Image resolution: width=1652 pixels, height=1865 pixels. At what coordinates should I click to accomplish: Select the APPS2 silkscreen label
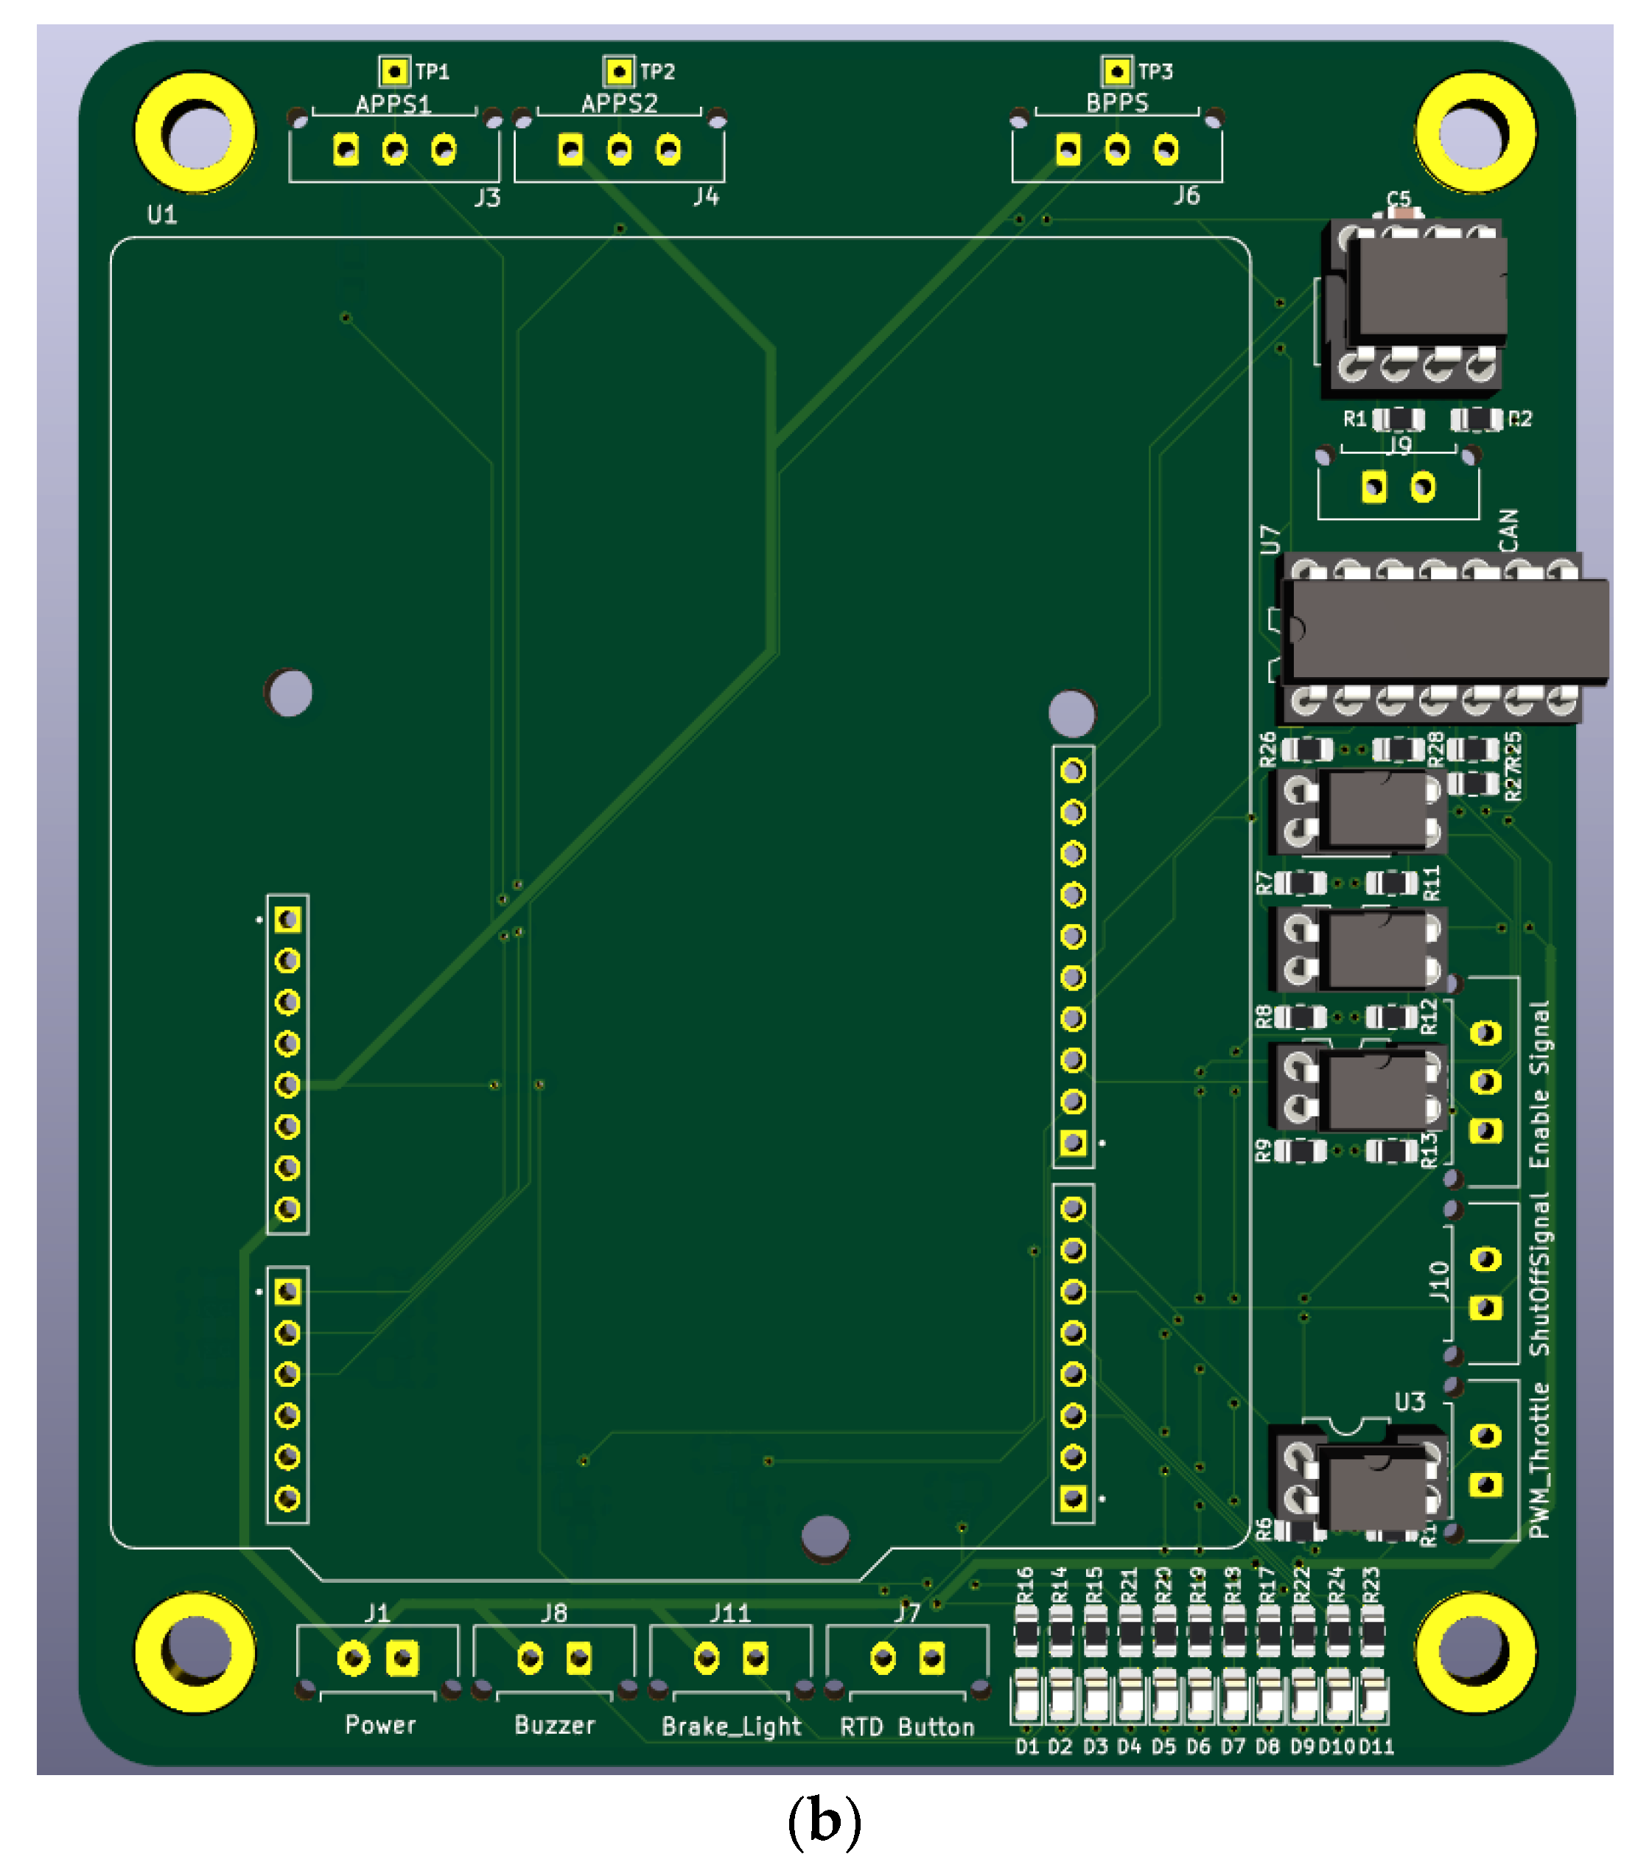(620, 104)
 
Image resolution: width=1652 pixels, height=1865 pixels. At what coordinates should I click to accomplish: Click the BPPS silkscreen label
(1116, 103)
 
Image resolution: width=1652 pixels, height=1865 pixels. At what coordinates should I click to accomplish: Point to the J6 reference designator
(1186, 196)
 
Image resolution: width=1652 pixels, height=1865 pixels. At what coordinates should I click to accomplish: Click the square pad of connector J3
(346, 149)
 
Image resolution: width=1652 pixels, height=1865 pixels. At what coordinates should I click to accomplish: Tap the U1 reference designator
(162, 214)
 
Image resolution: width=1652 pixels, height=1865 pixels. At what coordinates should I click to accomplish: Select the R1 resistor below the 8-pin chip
(1398, 419)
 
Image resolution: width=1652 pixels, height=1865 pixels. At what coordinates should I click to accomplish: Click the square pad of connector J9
(1373, 487)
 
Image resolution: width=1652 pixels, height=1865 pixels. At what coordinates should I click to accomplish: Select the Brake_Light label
(732, 1726)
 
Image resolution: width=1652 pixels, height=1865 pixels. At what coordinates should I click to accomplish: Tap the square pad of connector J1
(402, 1658)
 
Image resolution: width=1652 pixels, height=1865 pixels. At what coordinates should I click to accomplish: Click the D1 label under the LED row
(1027, 1746)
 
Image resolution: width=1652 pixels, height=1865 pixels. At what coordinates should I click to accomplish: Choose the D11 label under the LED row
(1376, 1746)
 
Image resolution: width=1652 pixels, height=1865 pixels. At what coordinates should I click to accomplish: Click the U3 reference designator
(1410, 1402)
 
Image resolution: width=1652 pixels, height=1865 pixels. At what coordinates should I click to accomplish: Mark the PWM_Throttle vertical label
(1540, 1460)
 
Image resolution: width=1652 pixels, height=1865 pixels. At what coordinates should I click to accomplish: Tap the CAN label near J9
(1509, 530)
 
